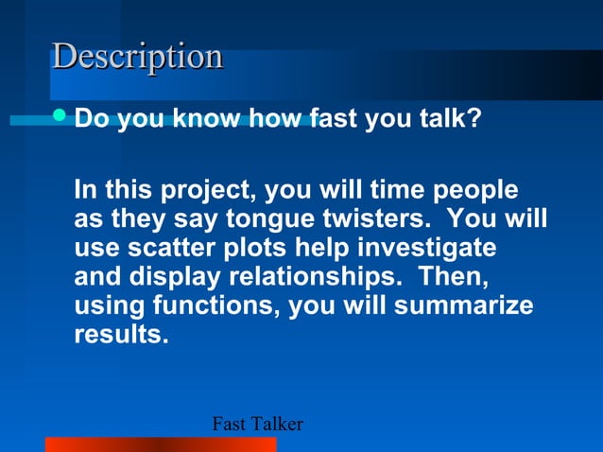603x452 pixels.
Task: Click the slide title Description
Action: pyautogui.click(x=138, y=57)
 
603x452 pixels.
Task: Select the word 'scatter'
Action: pyautogui.click(x=166, y=248)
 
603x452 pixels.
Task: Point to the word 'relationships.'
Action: pyautogui.click(x=316, y=277)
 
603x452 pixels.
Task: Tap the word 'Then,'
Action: pyautogui.click(x=454, y=277)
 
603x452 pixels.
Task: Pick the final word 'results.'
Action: pyautogui.click(x=121, y=335)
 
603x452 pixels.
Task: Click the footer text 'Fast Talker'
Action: pyautogui.click(x=256, y=425)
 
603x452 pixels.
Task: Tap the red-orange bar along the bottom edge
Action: pyautogui.click(x=161, y=444)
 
